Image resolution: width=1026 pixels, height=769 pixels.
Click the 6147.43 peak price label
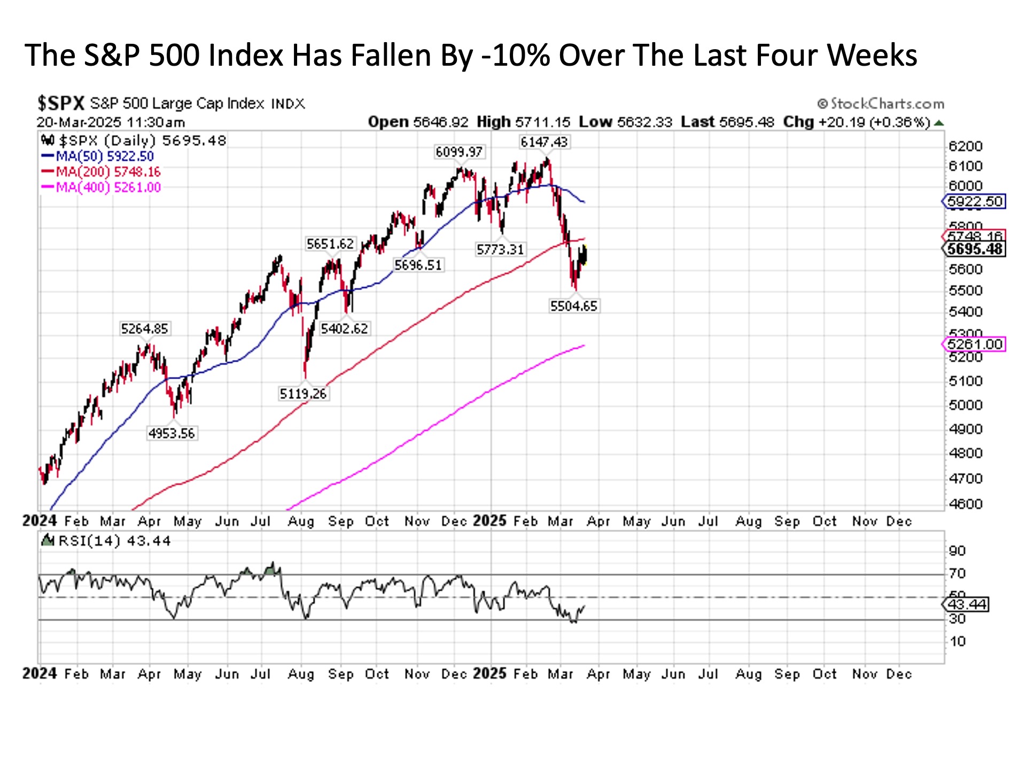(x=544, y=142)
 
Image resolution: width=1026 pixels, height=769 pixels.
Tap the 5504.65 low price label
(x=573, y=306)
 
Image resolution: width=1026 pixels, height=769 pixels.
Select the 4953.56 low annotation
(x=172, y=433)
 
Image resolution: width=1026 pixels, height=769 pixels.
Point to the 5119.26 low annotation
(x=303, y=394)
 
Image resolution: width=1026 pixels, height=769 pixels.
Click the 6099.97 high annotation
(x=459, y=152)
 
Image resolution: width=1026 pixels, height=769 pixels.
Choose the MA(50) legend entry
(x=98, y=156)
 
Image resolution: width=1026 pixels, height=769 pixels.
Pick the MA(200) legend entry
(x=101, y=172)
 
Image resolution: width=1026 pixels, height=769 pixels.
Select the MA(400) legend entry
(x=101, y=187)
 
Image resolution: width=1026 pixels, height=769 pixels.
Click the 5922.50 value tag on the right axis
(x=974, y=202)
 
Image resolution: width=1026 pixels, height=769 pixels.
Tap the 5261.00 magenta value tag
(x=974, y=344)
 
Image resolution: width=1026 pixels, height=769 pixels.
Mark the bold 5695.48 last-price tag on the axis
(x=974, y=249)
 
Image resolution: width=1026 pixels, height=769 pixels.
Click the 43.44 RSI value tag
(x=967, y=605)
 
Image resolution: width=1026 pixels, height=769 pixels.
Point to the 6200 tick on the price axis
(x=965, y=146)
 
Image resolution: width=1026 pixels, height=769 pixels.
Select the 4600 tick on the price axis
(x=965, y=504)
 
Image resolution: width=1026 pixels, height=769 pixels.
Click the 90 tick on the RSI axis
(x=957, y=551)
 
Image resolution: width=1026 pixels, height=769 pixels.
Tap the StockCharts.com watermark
(x=881, y=104)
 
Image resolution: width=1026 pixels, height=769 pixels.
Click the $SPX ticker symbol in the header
(x=61, y=103)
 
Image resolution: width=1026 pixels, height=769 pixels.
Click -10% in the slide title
(x=515, y=55)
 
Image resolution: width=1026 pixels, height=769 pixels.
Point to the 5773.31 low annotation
(x=500, y=249)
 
